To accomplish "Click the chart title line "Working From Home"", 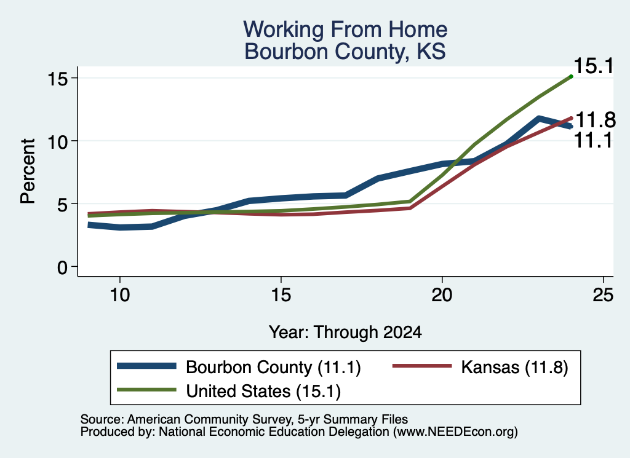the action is (345, 30).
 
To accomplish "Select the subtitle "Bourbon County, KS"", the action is (345, 52).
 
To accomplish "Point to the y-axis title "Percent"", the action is (28, 172).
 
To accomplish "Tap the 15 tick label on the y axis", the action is (57, 79).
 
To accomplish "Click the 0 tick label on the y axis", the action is (62, 267).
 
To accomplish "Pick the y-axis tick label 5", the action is (62, 205).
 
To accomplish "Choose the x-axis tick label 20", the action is (442, 296).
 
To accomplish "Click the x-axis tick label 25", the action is (603, 296).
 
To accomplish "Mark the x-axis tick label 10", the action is (120, 296).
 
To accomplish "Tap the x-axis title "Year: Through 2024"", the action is (345, 333).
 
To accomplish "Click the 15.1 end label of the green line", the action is (594, 66).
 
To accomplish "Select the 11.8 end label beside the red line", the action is (596, 120).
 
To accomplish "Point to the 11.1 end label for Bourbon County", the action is (593, 141).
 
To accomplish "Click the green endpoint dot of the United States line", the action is (571, 76).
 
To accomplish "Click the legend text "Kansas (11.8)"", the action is (514, 367).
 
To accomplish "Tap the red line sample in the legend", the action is (422, 366).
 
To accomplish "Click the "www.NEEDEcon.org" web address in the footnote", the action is (455, 432).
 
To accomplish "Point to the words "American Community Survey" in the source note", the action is (209, 419).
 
